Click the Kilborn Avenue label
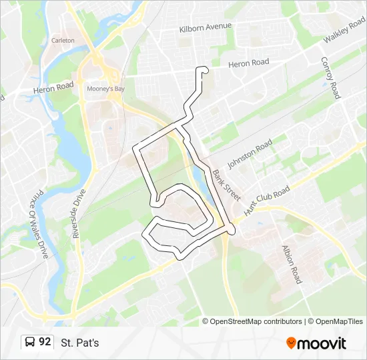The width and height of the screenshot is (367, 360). pos(206,27)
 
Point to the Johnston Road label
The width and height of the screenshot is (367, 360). pos(250,154)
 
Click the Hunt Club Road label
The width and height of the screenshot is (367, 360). pos(268,199)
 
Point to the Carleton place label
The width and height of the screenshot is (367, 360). pos(63,40)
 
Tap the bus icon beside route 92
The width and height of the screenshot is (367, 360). pos(30,343)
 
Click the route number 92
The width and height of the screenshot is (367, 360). pos(45,343)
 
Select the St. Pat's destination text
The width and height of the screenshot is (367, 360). pos(79,343)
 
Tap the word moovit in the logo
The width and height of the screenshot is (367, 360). pos(322,343)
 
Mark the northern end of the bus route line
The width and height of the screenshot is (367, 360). pos(204,71)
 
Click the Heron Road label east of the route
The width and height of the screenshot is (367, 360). pos(248,63)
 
